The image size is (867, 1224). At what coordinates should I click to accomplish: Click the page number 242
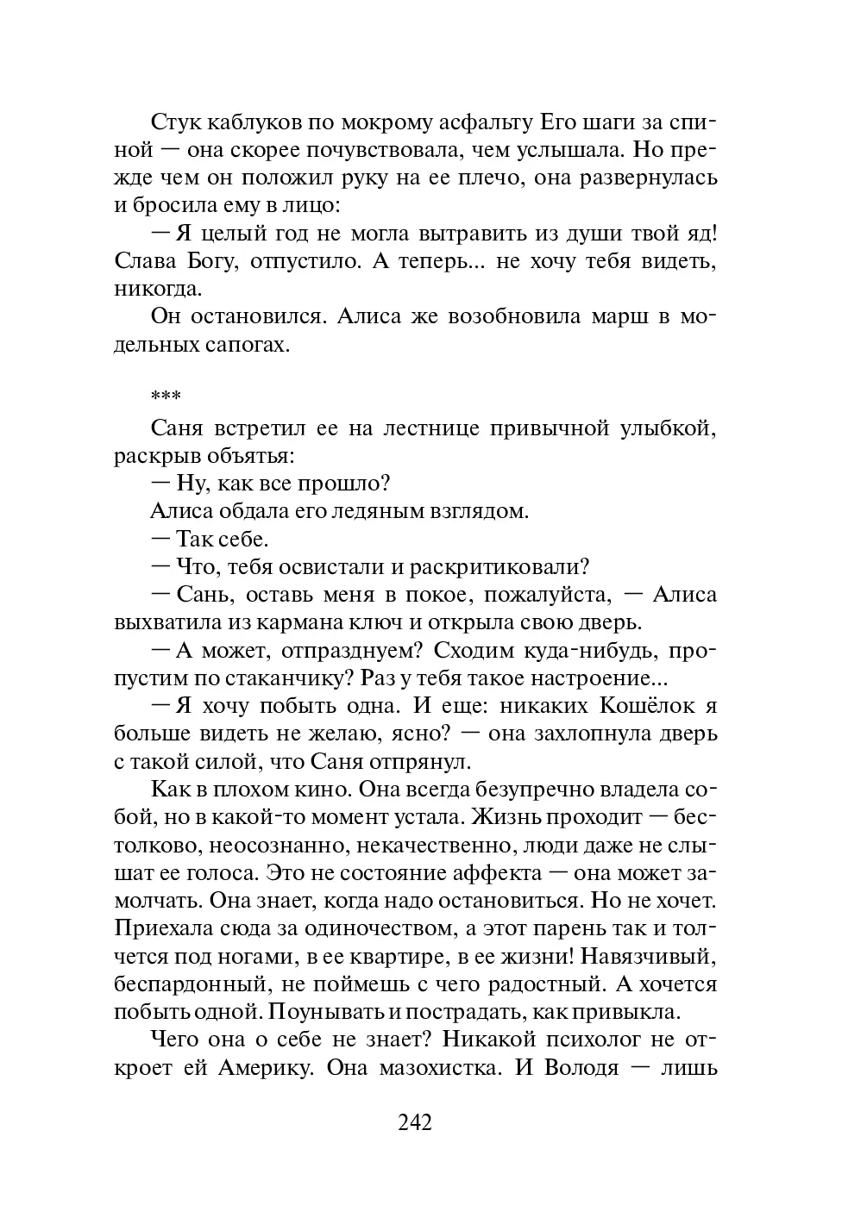tap(415, 1121)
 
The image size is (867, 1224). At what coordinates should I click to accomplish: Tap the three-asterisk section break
tap(165, 398)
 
